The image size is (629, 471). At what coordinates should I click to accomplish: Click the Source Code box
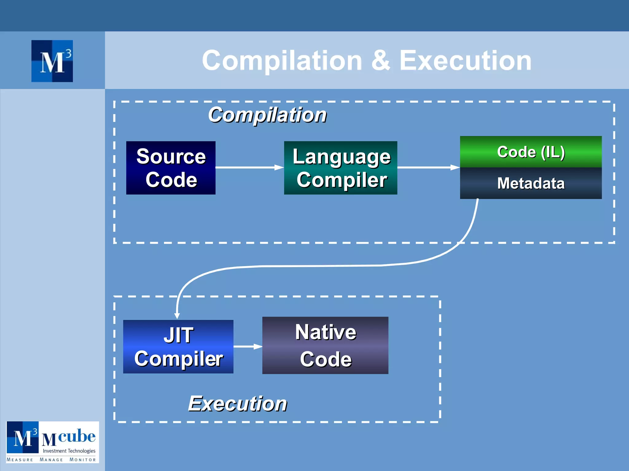point(171,168)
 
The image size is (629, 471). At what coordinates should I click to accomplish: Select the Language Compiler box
point(340,168)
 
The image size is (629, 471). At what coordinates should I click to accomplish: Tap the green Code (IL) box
point(530,152)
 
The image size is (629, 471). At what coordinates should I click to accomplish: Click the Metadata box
point(530,183)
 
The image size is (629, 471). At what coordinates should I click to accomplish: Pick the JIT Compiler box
point(178,347)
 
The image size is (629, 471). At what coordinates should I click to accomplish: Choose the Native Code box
point(325,345)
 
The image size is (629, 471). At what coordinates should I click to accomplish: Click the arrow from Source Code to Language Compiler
point(249,167)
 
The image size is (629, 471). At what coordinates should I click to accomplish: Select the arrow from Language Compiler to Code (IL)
point(428,167)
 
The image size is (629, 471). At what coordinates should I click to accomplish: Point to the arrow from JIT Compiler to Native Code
point(248,347)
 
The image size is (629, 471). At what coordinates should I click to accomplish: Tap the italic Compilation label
point(267,115)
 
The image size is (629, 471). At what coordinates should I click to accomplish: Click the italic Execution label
point(237,404)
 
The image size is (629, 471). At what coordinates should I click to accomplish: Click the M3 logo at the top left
point(52,61)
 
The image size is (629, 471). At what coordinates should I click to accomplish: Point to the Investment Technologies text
point(69,451)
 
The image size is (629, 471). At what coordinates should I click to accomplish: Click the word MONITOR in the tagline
point(83,460)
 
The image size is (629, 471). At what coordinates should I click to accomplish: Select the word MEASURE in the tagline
point(20,460)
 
